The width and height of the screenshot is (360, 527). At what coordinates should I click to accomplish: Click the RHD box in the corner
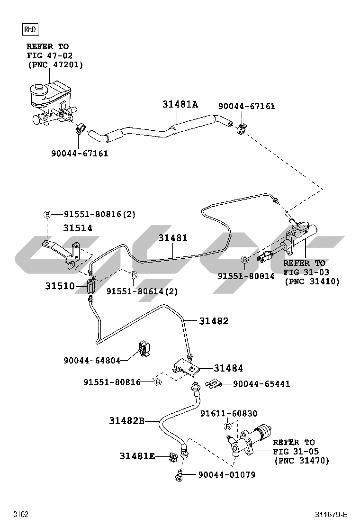30,29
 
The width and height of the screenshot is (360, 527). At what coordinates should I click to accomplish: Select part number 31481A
180,104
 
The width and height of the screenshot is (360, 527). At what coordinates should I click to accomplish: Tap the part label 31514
78,228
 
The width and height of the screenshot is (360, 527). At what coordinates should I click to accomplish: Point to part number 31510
60,286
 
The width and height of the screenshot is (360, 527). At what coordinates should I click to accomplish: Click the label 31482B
126,420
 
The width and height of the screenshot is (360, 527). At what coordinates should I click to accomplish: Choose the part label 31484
228,368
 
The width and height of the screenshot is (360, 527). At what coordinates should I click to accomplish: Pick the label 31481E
137,456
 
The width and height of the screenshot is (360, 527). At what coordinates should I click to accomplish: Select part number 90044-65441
261,383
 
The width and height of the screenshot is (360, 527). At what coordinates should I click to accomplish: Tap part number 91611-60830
229,413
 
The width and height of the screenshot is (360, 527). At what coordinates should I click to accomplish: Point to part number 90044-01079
226,474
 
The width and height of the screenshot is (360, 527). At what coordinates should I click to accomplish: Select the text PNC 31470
301,460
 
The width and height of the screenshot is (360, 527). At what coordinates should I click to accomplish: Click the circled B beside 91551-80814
245,259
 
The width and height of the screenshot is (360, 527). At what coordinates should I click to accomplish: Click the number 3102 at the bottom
21,514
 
